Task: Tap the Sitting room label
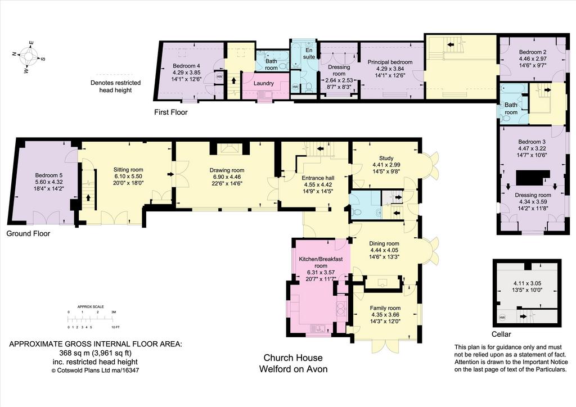[128, 170]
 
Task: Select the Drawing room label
[227, 170]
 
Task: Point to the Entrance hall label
[318, 178]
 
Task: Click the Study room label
[386, 159]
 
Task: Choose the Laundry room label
[264, 83]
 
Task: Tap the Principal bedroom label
[390, 62]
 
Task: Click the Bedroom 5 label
[47, 175]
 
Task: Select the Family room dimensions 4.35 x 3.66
[385, 314]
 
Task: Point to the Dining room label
[384, 243]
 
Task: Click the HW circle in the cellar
[502, 317]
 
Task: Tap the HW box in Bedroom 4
[219, 76]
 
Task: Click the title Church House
[293, 358]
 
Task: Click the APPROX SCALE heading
[91, 306]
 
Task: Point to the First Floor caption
[171, 112]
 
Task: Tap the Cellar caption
[501, 334]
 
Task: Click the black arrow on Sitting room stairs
[88, 198]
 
